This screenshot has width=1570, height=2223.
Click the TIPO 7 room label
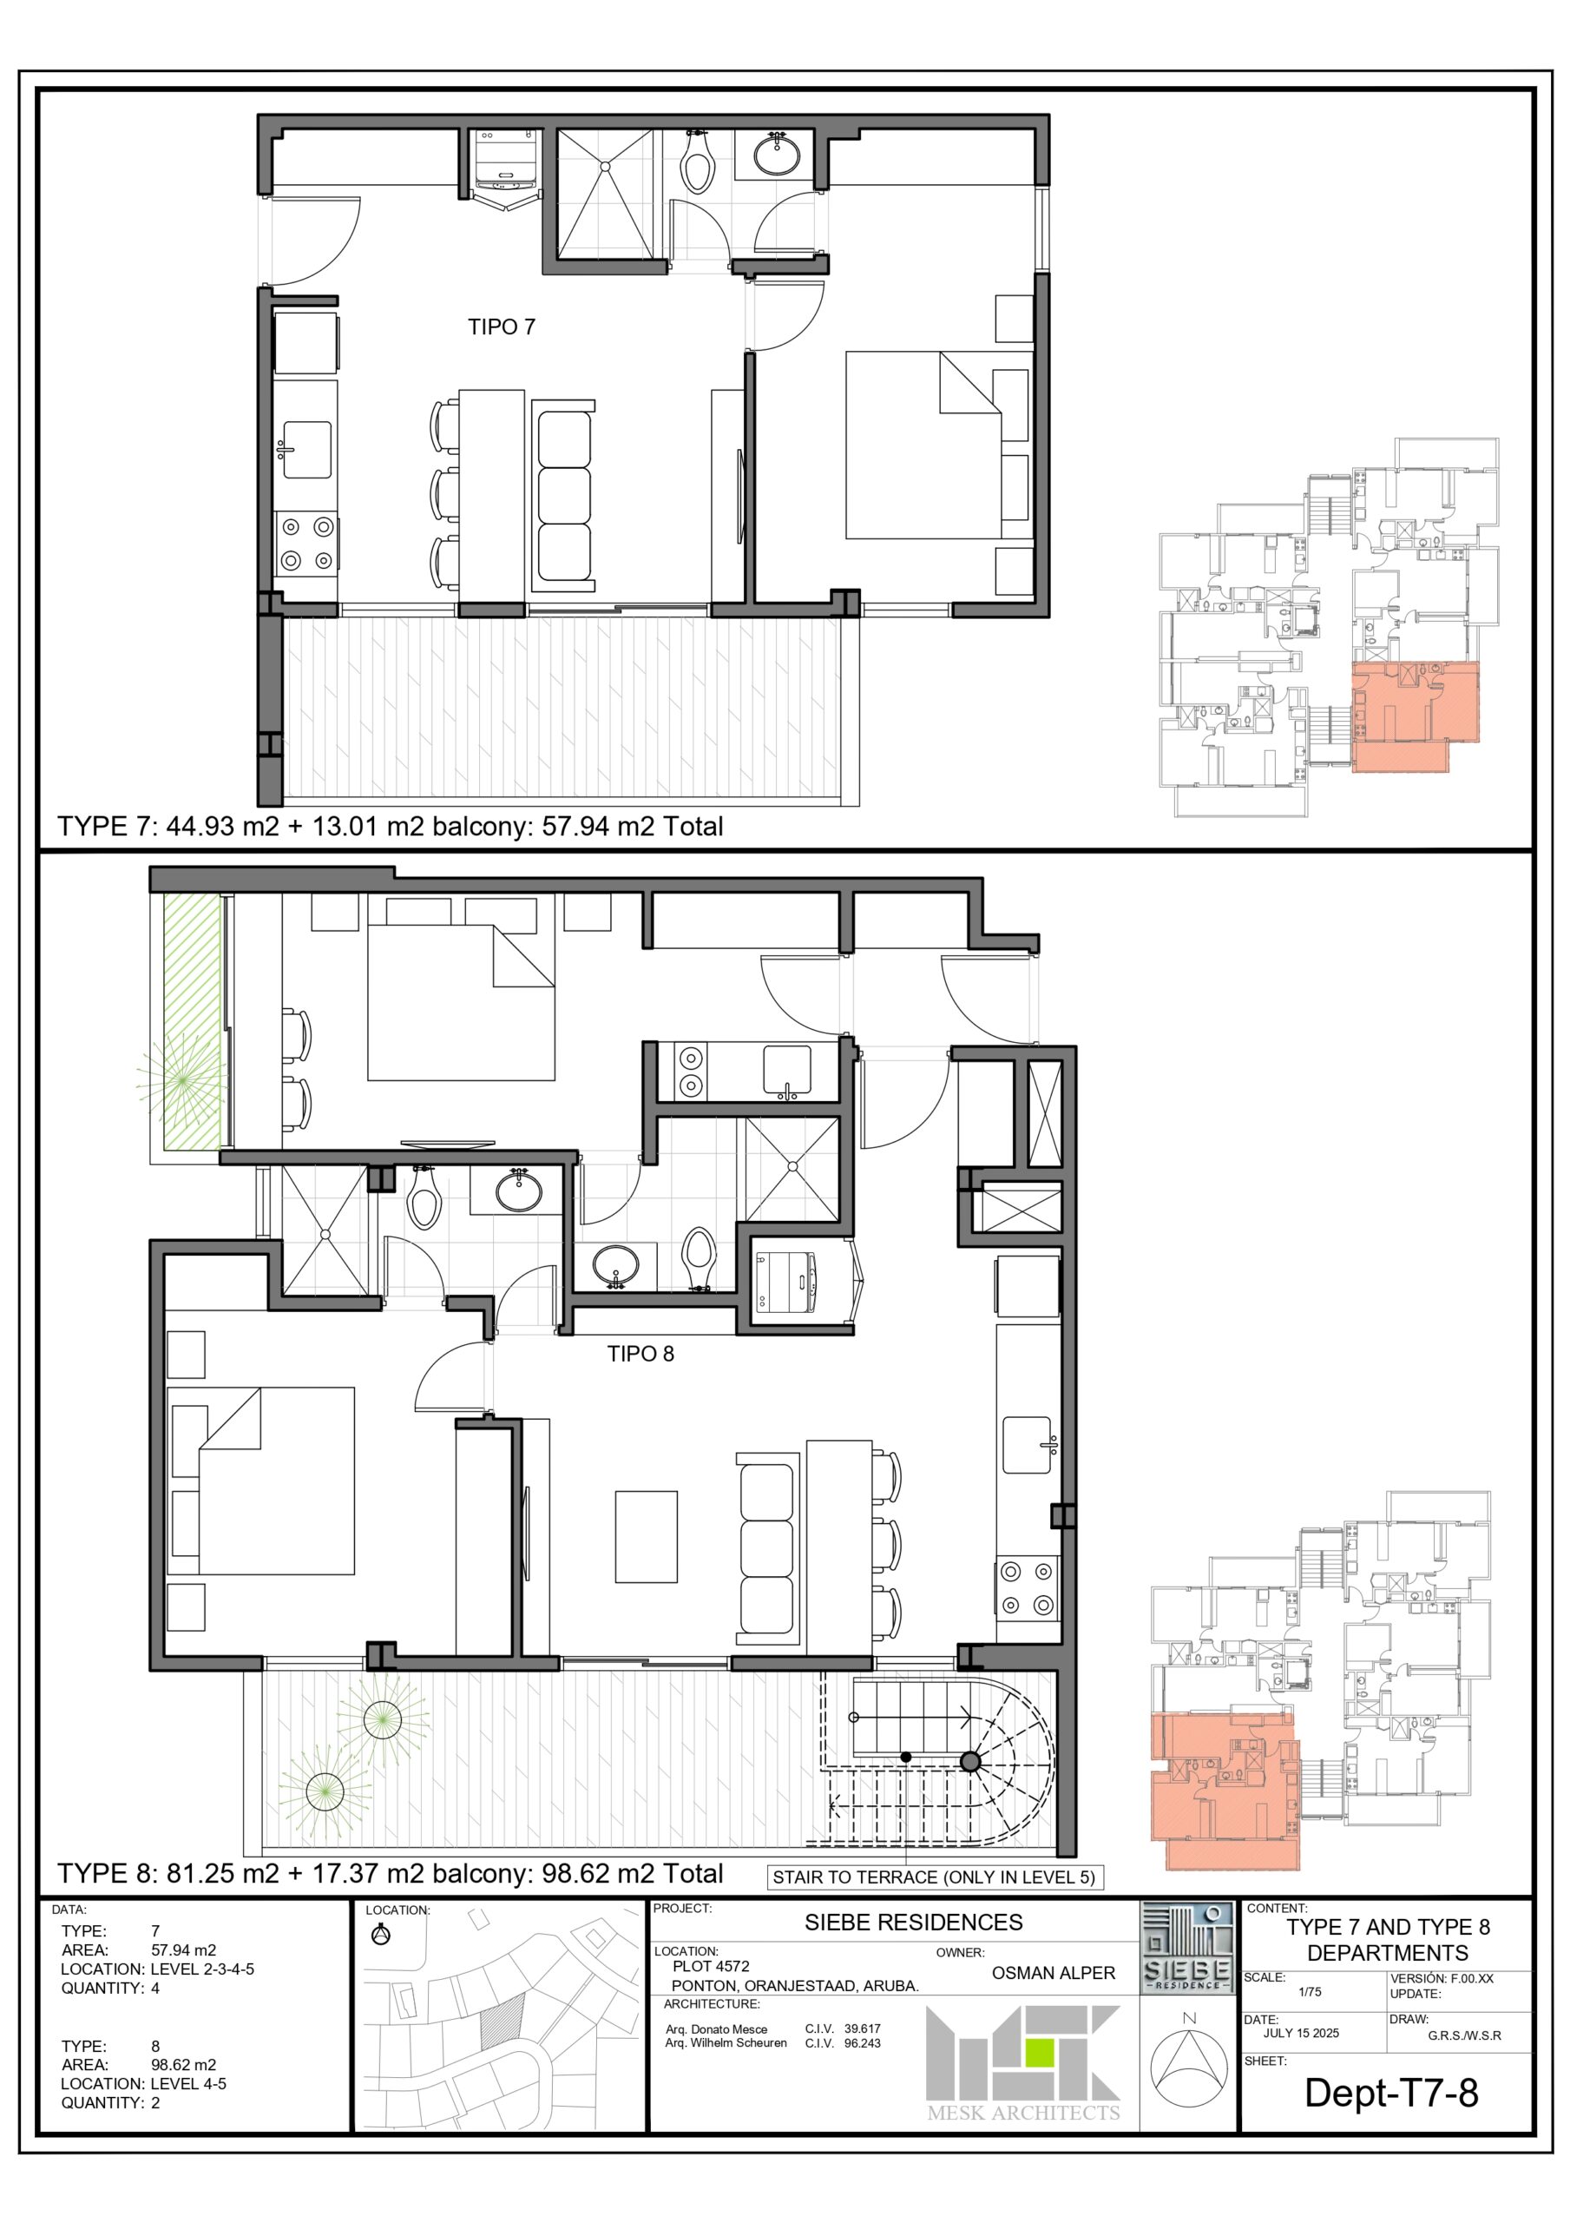pos(502,327)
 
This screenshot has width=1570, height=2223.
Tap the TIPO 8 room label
pos(640,1354)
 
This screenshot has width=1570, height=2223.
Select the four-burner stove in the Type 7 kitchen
pos(305,544)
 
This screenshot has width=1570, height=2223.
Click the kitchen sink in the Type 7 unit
pos(305,449)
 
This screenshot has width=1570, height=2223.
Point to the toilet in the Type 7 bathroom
pos(697,160)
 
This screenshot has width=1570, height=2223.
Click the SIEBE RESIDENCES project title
pos(914,1923)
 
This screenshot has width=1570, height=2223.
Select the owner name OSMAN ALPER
pos(1053,1973)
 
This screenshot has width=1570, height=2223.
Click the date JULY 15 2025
pos(1301,2033)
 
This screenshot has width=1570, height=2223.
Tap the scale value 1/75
pos(1310,1993)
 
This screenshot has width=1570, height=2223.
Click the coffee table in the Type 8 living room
pos(646,1536)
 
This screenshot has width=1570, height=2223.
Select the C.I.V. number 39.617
pos(863,2028)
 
